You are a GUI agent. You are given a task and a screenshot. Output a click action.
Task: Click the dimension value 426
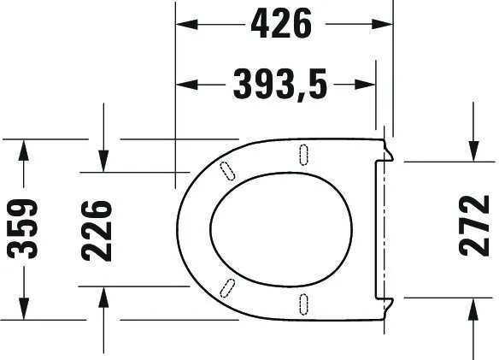click(280, 27)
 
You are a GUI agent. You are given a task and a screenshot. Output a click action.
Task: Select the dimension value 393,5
click(279, 85)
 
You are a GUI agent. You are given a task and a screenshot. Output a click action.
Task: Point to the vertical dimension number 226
click(97, 229)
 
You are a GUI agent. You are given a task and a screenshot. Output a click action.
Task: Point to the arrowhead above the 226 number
click(103, 159)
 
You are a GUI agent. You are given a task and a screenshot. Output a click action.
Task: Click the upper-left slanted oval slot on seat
click(227, 170)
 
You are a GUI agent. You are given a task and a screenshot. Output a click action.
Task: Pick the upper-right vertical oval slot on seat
click(303, 154)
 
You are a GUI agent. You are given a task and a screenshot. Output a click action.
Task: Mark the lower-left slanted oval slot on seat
click(227, 286)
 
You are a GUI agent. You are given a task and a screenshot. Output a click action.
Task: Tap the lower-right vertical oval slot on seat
click(303, 303)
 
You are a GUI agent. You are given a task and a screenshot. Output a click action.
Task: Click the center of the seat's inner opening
click(279, 227)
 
